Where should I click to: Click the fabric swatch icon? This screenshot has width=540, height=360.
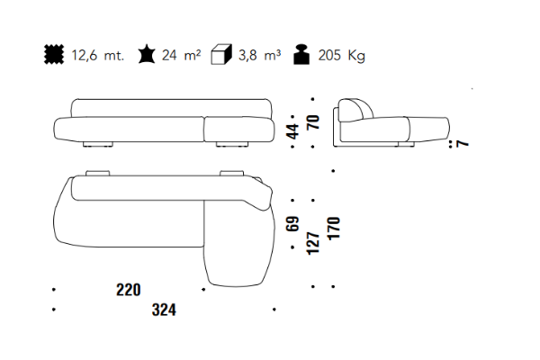coord(54,54)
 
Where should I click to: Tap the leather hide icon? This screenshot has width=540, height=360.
coord(147,54)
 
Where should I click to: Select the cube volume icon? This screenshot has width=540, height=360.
coord(221,54)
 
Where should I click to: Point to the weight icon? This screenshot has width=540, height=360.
coord(301,54)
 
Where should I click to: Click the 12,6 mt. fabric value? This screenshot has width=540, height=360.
coord(97,55)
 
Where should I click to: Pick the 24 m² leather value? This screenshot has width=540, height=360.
coord(181,55)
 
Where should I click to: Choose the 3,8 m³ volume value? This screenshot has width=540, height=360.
coord(260,55)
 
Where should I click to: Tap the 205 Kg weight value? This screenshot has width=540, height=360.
coord(341,56)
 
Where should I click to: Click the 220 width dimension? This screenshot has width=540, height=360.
coord(129,290)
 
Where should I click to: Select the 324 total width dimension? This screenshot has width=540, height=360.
coord(164,310)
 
